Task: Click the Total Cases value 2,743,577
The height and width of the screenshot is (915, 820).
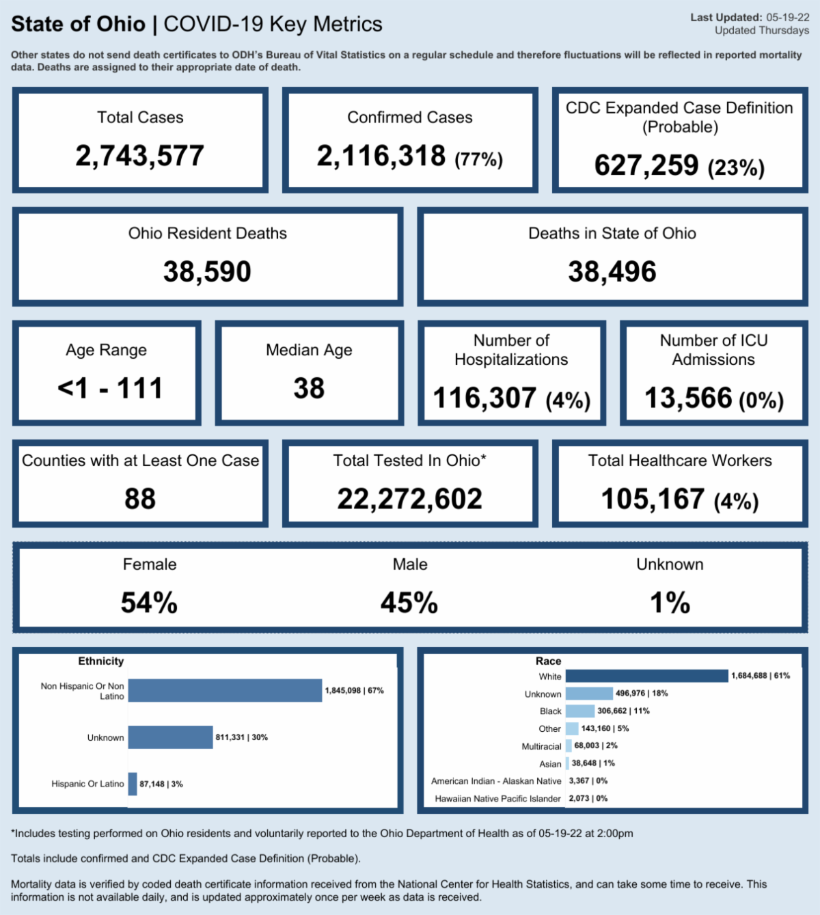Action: tap(139, 156)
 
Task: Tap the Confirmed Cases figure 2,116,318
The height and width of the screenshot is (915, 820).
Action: tap(381, 156)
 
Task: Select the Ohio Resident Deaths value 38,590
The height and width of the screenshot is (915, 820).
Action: tap(207, 272)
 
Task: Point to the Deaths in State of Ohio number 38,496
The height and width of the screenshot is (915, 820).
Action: tap(612, 272)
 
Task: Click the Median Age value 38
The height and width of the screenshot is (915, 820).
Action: tap(309, 388)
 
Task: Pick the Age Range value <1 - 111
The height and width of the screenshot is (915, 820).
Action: tap(110, 388)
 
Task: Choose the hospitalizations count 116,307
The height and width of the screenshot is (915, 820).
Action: tap(484, 398)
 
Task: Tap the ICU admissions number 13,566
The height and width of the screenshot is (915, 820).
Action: tap(688, 398)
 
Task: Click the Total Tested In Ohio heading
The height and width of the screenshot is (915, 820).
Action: tap(409, 461)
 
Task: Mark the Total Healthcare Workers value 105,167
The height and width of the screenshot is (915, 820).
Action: tap(653, 499)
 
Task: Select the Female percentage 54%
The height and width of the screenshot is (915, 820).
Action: tap(149, 603)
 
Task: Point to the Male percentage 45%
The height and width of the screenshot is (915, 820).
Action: tap(409, 603)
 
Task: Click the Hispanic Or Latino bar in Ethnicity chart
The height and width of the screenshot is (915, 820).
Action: tap(133, 784)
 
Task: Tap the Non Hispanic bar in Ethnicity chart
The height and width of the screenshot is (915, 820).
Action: tap(225, 690)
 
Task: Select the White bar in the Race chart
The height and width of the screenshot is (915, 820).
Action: tap(646, 676)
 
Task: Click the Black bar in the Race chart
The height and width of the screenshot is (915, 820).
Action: tap(580, 711)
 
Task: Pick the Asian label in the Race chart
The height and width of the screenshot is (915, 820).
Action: tap(550, 764)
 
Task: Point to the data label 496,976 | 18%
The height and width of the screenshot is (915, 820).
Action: tap(642, 693)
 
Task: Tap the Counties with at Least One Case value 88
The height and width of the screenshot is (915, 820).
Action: tap(139, 499)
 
